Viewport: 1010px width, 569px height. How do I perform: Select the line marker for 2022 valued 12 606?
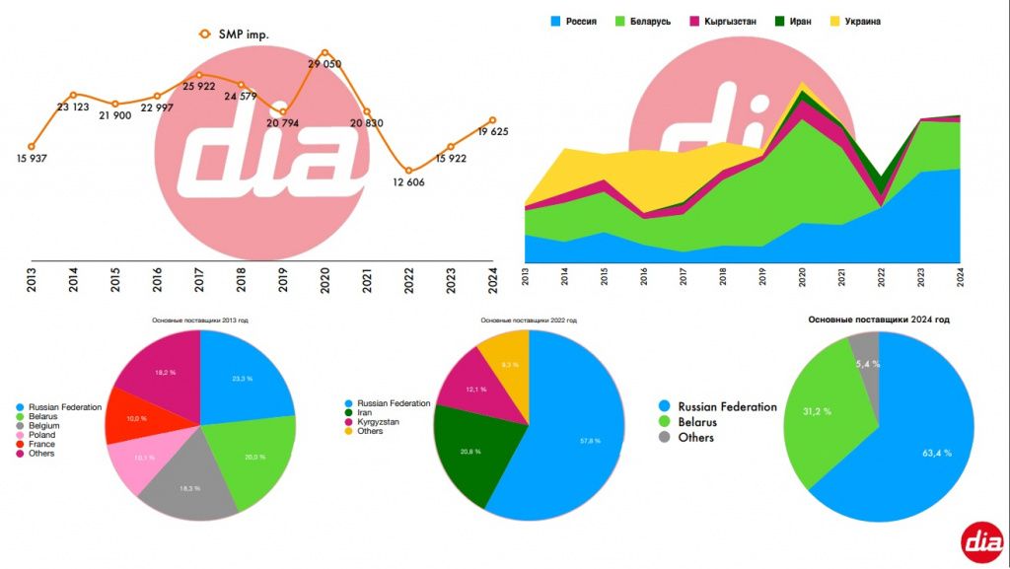pos(408,171)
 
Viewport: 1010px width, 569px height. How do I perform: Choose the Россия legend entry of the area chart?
pos(580,21)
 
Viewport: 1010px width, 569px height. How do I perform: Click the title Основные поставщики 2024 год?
pos(879,320)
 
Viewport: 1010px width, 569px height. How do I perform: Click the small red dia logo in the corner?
pos(984,540)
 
